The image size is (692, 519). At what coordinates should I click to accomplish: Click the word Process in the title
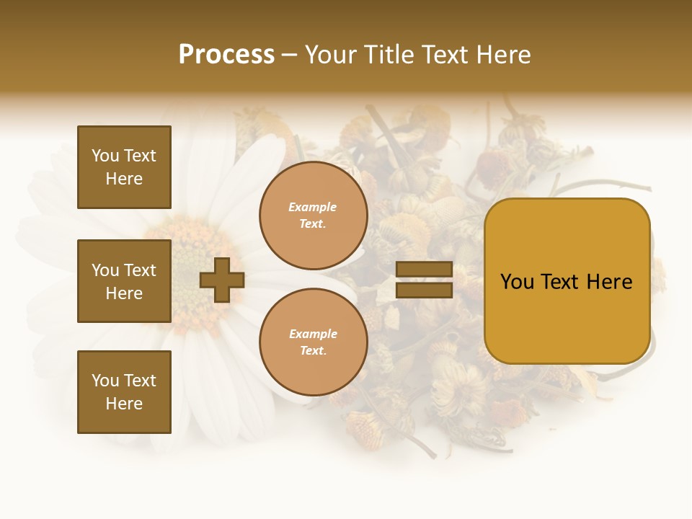226,55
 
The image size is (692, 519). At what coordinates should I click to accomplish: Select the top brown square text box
124,167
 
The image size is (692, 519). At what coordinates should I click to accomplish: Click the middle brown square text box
124,281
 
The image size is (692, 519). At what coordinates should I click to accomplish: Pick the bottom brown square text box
124,392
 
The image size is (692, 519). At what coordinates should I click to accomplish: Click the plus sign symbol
222,280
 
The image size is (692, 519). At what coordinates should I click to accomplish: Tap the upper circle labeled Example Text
313,216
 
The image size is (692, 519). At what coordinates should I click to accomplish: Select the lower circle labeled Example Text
313,342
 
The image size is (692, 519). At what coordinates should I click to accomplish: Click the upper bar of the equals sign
424,269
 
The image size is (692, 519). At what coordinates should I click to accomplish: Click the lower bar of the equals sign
424,290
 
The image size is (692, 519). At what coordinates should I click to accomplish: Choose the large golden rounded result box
567,281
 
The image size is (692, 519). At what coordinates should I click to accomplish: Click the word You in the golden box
517,282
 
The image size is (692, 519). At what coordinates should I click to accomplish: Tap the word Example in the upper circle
313,208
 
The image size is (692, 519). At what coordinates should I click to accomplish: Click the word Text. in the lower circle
313,351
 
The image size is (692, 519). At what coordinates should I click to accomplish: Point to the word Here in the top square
124,179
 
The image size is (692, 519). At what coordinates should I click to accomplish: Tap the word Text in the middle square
140,270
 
